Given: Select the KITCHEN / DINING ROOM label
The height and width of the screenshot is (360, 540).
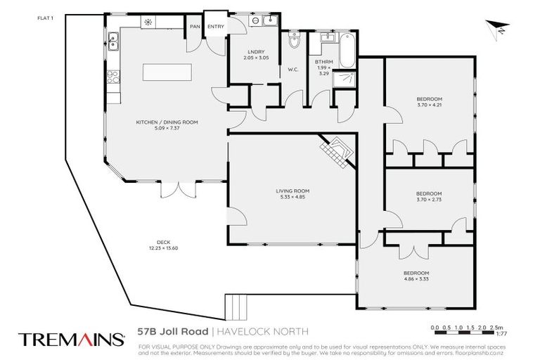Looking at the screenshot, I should click(x=167, y=122).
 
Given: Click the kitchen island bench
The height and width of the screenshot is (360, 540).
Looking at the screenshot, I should click(x=167, y=73).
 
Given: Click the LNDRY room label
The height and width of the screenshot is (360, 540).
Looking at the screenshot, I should click(x=255, y=51).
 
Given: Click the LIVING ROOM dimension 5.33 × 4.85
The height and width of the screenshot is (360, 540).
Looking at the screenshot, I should click(x=292, y=196).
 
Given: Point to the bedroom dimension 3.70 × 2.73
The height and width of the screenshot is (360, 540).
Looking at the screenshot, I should click(x=428, y=200).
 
